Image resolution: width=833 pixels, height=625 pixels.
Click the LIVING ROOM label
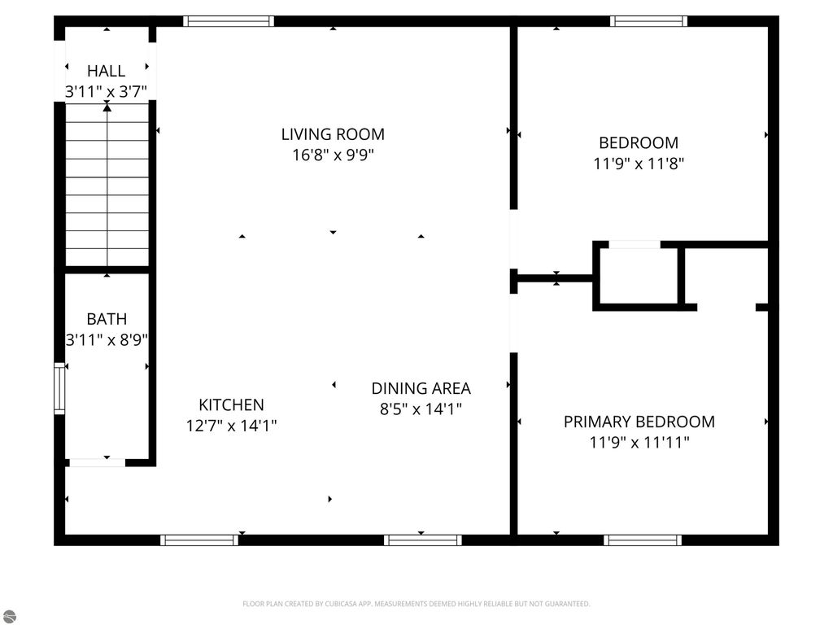click(x=333, y=134)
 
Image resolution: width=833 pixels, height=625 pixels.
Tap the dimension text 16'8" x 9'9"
click(x=333, y=155)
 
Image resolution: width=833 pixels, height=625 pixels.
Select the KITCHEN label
click(x=231, y=404)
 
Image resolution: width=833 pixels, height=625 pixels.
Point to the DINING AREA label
click(x=421, y=388)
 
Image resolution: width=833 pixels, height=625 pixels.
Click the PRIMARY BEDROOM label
click(x=639, y=422)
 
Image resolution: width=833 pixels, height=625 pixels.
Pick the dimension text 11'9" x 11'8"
click(x=639, y=163)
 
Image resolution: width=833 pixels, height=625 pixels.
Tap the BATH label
click(x=107, y=319)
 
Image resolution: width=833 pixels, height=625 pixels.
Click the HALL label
click(x=107, y=71)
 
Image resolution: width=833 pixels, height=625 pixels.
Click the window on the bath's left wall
click(x=59, y=388)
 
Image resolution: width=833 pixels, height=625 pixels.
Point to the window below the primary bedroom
click(x=643, y=540)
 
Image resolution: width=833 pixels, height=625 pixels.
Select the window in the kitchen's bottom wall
click(x=199, y=540)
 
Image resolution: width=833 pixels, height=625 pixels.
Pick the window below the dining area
click(x=422, y=540)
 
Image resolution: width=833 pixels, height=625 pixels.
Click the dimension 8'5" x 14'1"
click(x=421, y=409)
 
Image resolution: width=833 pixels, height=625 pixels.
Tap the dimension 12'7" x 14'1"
click(x=231, y=425)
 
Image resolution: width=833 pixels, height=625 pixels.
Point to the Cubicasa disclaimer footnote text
click(x=416, y=604)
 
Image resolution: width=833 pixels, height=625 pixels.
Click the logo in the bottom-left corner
click(x=7, y=615)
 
